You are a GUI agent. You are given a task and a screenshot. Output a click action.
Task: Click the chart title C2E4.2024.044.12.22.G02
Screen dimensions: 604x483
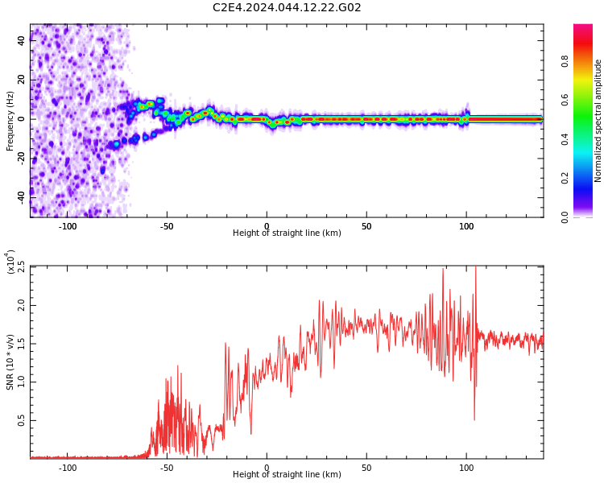click(x=287, y=8)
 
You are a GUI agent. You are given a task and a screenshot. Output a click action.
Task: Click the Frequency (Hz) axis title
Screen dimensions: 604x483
click(x=10, y=121)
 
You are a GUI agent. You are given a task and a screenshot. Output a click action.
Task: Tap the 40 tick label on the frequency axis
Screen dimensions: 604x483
click(x=21, y=40)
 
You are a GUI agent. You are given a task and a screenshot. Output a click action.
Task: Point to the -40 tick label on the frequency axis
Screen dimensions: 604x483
click(x=21, y=198)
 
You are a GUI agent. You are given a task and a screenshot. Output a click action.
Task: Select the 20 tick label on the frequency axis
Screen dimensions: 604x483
click(x=21, y=80)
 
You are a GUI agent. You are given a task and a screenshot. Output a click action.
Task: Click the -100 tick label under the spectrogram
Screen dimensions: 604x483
click(x=68, y=226)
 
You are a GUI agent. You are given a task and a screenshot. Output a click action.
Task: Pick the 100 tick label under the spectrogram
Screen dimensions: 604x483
click(x=466, y=226)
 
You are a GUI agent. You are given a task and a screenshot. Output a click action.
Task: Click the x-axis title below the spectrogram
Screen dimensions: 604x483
click(x=287, y=233)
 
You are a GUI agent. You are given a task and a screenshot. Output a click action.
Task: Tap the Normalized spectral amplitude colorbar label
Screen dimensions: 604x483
click(x=598, y=121)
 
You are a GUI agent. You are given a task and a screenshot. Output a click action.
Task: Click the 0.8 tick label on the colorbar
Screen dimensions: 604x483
click(x=565, y=61)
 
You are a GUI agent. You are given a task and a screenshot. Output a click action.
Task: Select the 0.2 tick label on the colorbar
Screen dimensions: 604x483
click(x=565, y=178)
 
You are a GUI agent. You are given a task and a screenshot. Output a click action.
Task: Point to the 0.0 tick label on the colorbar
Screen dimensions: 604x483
click(x=565, y=217)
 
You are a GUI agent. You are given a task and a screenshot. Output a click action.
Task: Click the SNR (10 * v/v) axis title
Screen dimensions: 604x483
click(x=10, y=362)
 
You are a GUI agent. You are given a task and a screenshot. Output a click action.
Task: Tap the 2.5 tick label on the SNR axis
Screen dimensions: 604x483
click(x=21, y=267)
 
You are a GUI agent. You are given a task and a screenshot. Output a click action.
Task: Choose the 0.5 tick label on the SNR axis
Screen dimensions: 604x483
click(x=21, y=420)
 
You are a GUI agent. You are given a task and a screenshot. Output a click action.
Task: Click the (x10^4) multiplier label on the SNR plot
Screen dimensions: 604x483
click(x=10, y=262)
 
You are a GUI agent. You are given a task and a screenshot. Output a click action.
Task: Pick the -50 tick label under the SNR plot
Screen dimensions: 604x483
click(x=167, y=468)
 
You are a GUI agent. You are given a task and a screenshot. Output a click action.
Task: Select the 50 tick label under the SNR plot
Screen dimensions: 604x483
click(x=366, y=468)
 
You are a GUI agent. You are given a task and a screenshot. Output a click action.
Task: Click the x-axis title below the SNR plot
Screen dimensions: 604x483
click(x=287, y=474)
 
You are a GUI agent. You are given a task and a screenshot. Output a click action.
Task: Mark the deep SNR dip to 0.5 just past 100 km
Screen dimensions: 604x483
click(x=474, y=419)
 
